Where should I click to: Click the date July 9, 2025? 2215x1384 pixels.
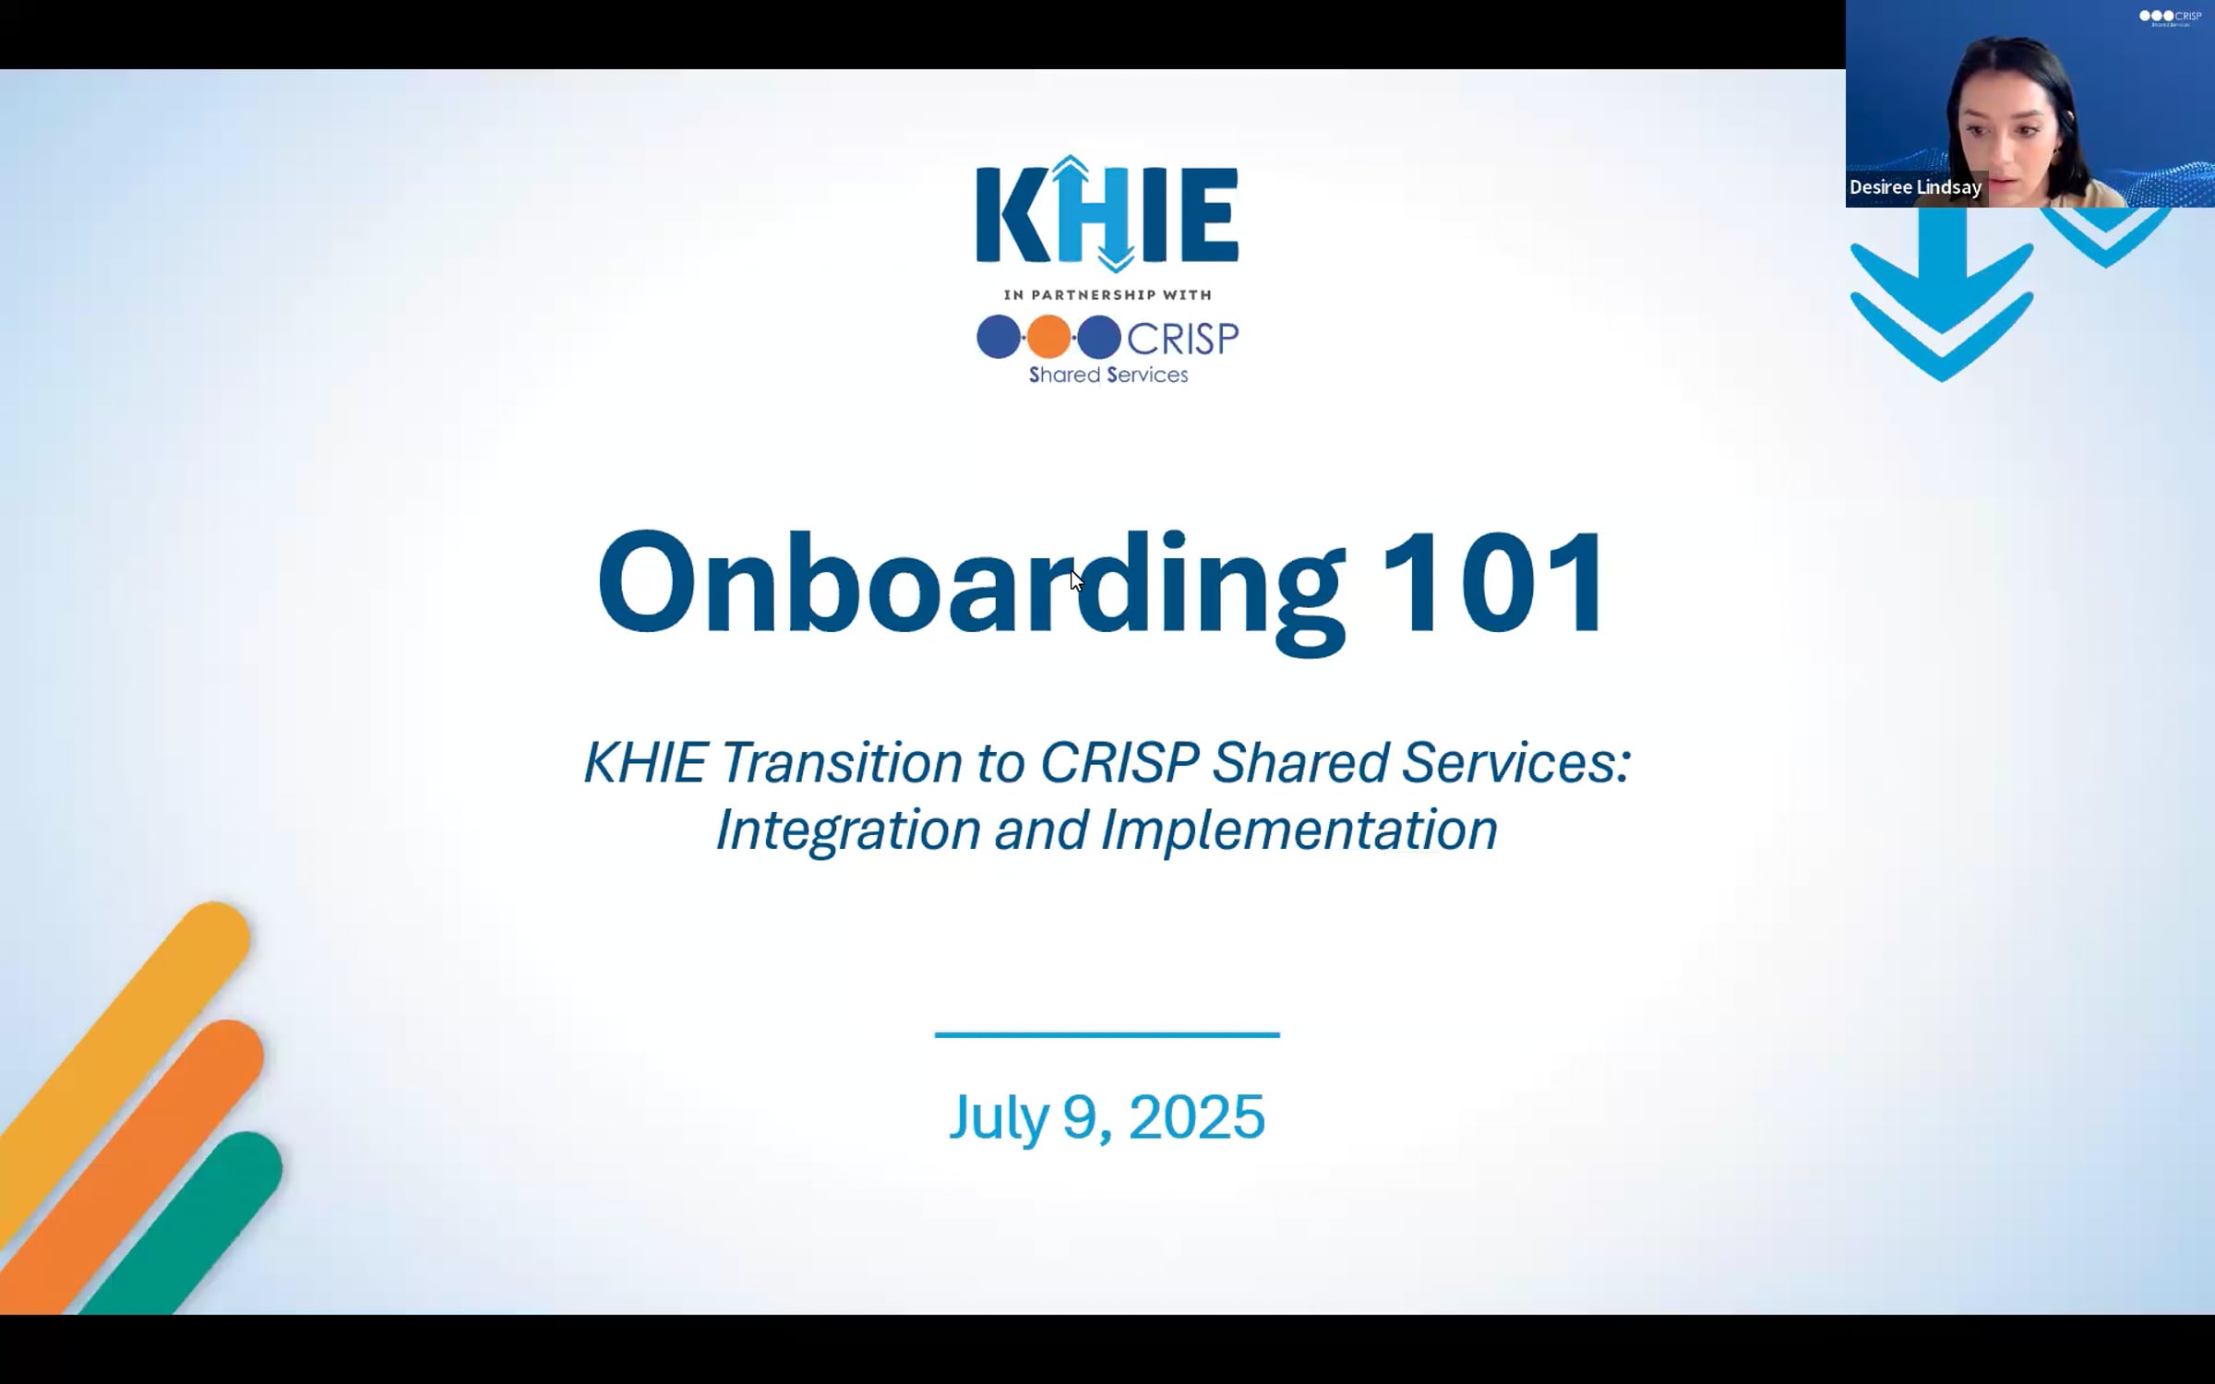[1107, 1116]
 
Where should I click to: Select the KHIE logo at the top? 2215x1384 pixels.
[1107, 214]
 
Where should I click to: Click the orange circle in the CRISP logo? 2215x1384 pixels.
[1048, 337]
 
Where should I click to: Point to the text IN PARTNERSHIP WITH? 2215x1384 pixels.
[1107, 294]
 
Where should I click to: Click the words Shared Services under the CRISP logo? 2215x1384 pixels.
[1107, 375]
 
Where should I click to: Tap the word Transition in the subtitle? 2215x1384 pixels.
[841, 763]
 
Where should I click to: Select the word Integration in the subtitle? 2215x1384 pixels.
[848, 829]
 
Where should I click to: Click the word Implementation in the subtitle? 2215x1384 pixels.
[1299, 829]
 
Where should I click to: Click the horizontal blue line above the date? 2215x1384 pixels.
[1107, 1034]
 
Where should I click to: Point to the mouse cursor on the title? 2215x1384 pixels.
[1075, 579]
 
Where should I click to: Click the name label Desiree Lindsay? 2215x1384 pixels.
[1915, 187]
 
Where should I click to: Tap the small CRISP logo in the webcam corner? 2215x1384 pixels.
[2170, 18]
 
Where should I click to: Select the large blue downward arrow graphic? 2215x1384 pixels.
[1941, 295]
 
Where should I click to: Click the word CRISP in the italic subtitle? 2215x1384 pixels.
[1119, 763]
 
